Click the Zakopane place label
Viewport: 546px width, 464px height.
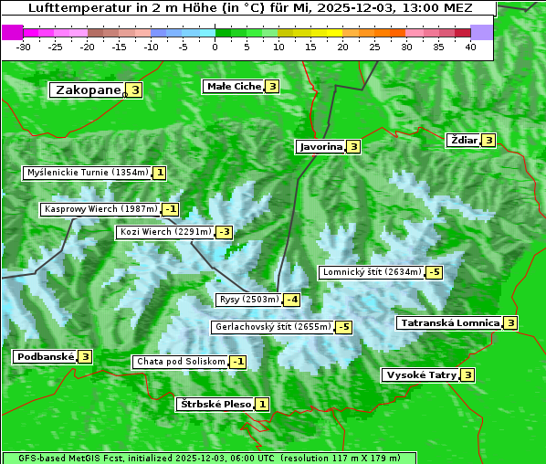(88, 90)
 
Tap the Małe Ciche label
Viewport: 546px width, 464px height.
(234, 87)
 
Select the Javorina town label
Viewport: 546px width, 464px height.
(320, 146)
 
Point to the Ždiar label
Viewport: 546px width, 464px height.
(463, 140)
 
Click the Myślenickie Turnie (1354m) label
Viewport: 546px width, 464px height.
(87, 172)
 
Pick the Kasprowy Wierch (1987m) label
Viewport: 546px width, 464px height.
(100, 209)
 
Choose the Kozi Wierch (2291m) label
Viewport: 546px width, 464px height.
(165, 232)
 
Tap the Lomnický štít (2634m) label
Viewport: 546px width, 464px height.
(372, 272)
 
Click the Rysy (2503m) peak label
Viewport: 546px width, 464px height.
(249, 300)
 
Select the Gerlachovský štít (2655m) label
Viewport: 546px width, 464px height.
(272, 327)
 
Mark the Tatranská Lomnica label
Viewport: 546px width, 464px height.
(448, 322)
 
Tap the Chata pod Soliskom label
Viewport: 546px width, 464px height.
(180, 362)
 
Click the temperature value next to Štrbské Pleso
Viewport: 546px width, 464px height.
(262, 404)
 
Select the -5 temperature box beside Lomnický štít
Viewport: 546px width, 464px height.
(435, 272)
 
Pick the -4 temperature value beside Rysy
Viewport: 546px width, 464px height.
(291, 300)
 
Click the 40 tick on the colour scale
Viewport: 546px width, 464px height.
(470, 47)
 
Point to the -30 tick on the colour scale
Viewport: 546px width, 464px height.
(24, 47)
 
